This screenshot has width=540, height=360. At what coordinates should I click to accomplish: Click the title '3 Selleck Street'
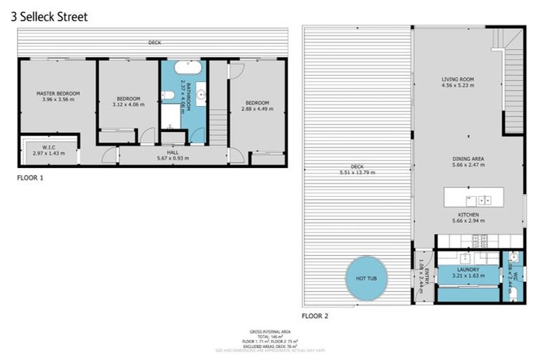click(49, 16)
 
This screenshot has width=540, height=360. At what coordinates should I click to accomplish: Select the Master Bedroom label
click(58, 94)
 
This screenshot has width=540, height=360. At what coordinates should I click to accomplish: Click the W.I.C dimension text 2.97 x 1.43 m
click(49, 153)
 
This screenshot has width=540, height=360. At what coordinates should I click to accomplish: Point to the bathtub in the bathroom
click(188, 69)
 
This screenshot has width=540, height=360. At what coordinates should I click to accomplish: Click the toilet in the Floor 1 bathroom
click(167, 96)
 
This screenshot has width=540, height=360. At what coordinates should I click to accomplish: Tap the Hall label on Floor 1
click(172, 152)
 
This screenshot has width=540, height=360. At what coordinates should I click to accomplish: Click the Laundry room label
click(468, 270)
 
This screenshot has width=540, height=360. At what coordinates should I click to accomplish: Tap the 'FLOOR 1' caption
click(30, 178)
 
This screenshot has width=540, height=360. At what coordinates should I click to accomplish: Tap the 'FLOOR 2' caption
click(315, 316)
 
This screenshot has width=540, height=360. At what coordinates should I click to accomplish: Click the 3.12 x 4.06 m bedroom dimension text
click(128, 105)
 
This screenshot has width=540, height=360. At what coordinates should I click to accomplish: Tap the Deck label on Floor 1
click(155, 43)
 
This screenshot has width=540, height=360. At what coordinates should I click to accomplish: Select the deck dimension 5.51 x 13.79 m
click(358, 172)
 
